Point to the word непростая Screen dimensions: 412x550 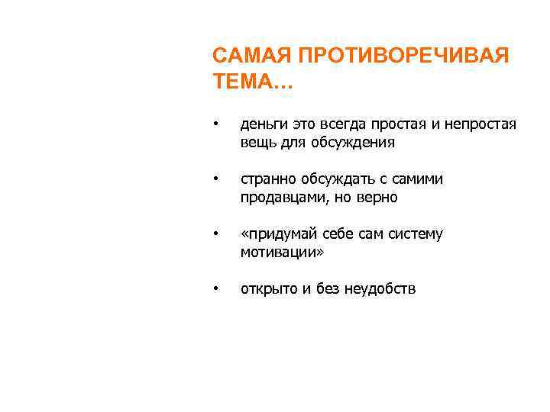(x=480, y=124)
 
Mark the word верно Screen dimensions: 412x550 (x=378, y=198)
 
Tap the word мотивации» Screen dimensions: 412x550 (x=282, y=252)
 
